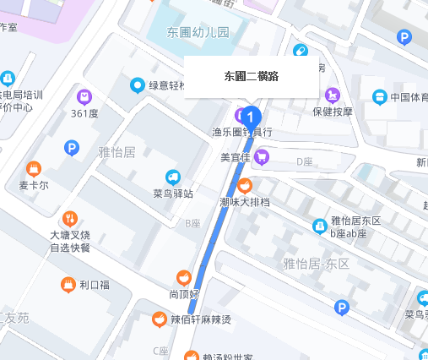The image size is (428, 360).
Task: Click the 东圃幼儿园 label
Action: tap(198, 34)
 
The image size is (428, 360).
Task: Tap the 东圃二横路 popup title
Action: tap(252, 76)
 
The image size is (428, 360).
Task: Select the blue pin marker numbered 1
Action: tap(251, 116)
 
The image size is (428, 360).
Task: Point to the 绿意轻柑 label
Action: tap(172, 85)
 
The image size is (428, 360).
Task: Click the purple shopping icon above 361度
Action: tap(84, 96)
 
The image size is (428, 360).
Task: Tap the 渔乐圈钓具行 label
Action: tap(241, 133)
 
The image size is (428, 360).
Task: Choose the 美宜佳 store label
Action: tap(236, 156)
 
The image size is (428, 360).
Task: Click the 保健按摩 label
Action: tap(332, 111)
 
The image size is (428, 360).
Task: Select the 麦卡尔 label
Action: tap(34, 185)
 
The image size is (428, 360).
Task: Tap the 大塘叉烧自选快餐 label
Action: tap(70, 241)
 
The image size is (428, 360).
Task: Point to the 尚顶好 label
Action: tap(183, 294)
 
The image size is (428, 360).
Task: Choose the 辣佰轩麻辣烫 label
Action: tap(202, 319)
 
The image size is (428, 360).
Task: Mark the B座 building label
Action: tap(193, 223)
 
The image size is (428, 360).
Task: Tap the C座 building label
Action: tap(160, 351)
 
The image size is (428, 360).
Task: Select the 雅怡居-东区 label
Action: tap(317, 264)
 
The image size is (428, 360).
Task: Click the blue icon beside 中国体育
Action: tap(379, 96)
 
